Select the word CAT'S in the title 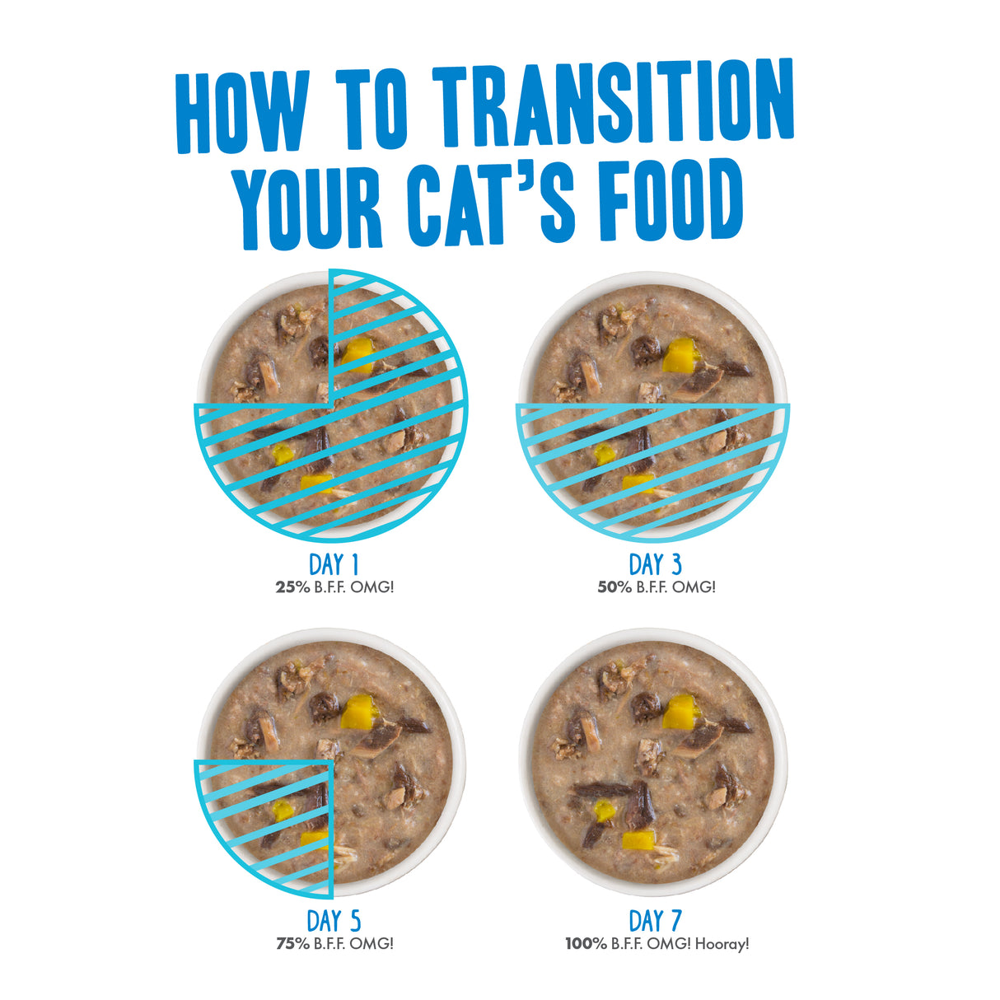pos(491,202)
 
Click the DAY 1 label pos(334,565)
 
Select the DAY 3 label pos(655,565)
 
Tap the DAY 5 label pos(334,921)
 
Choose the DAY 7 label pos(655,921)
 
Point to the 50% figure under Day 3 pos(614,587)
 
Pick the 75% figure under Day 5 pos(292,944)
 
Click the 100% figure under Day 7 pos(586,944)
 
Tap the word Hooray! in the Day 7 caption pos(722,944)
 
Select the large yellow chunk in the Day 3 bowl pos(680,354)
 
